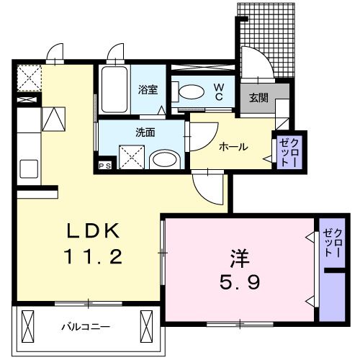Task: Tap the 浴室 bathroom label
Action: pyautogui.click(x=148, y=91)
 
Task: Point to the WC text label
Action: pyautogui.click(x=220, y=91)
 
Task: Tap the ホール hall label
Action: pyautogui.click(x=233, y=147)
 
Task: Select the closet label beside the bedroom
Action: pyautogui.click(x=333, y=242)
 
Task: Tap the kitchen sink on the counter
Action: pyautogui.click(x=31, y=170)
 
